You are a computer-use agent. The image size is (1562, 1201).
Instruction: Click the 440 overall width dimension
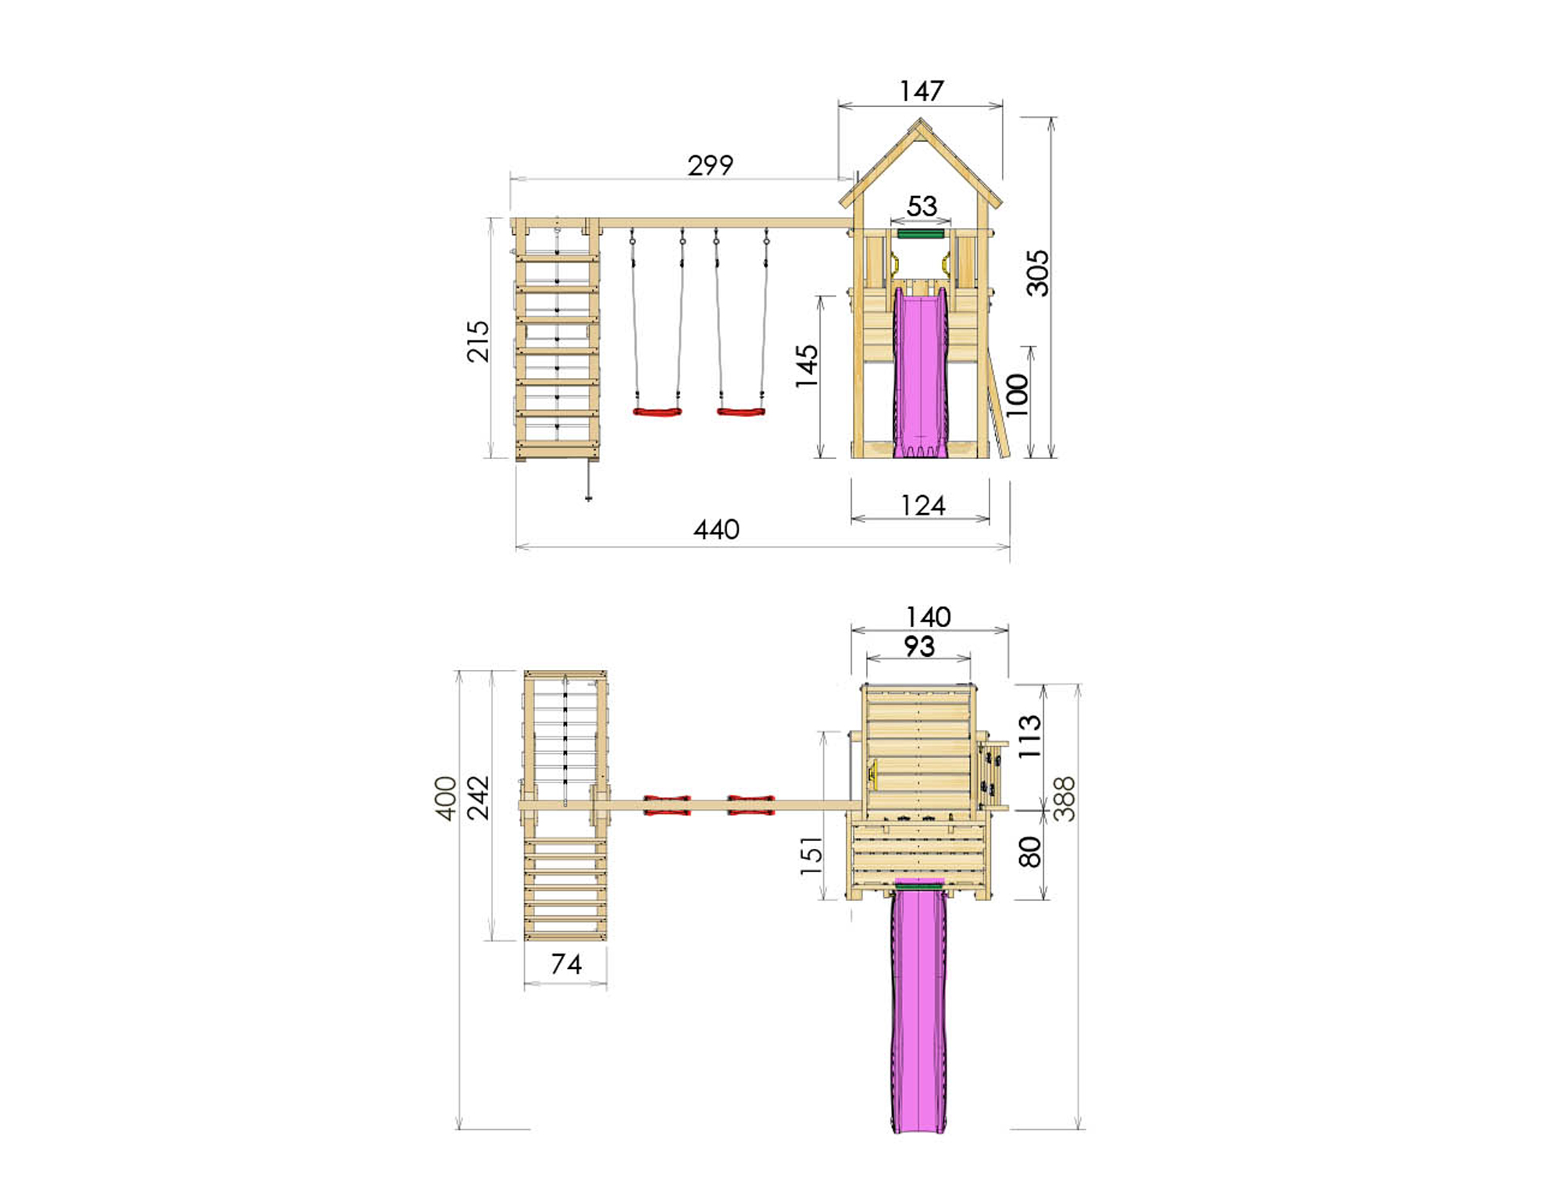click(716, 530)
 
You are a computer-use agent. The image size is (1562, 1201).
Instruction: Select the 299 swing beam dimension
click(710, 166)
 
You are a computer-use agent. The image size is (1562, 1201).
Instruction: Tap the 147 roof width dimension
click(922, 91)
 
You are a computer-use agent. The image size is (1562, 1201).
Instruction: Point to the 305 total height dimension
click(1037, 273)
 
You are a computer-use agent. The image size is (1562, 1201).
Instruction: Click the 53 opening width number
click(922, 206)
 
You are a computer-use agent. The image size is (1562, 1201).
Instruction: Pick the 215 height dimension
click(478, 341)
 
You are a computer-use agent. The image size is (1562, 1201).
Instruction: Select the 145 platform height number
click(807, 366)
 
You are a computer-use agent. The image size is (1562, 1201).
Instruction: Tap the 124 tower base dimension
click(922, 506)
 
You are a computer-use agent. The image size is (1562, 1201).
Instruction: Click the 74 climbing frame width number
click(566, 964)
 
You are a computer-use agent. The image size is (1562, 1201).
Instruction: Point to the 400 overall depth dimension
click(445, 798)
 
